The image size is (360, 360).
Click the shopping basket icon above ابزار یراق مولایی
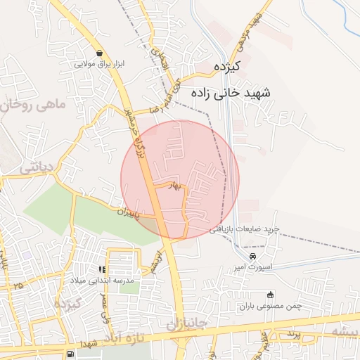100,53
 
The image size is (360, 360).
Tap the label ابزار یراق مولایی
100,63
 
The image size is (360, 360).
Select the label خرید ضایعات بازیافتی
245,230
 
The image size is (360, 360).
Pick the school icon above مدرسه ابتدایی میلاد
102,269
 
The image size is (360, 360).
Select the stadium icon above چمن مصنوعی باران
271,295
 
